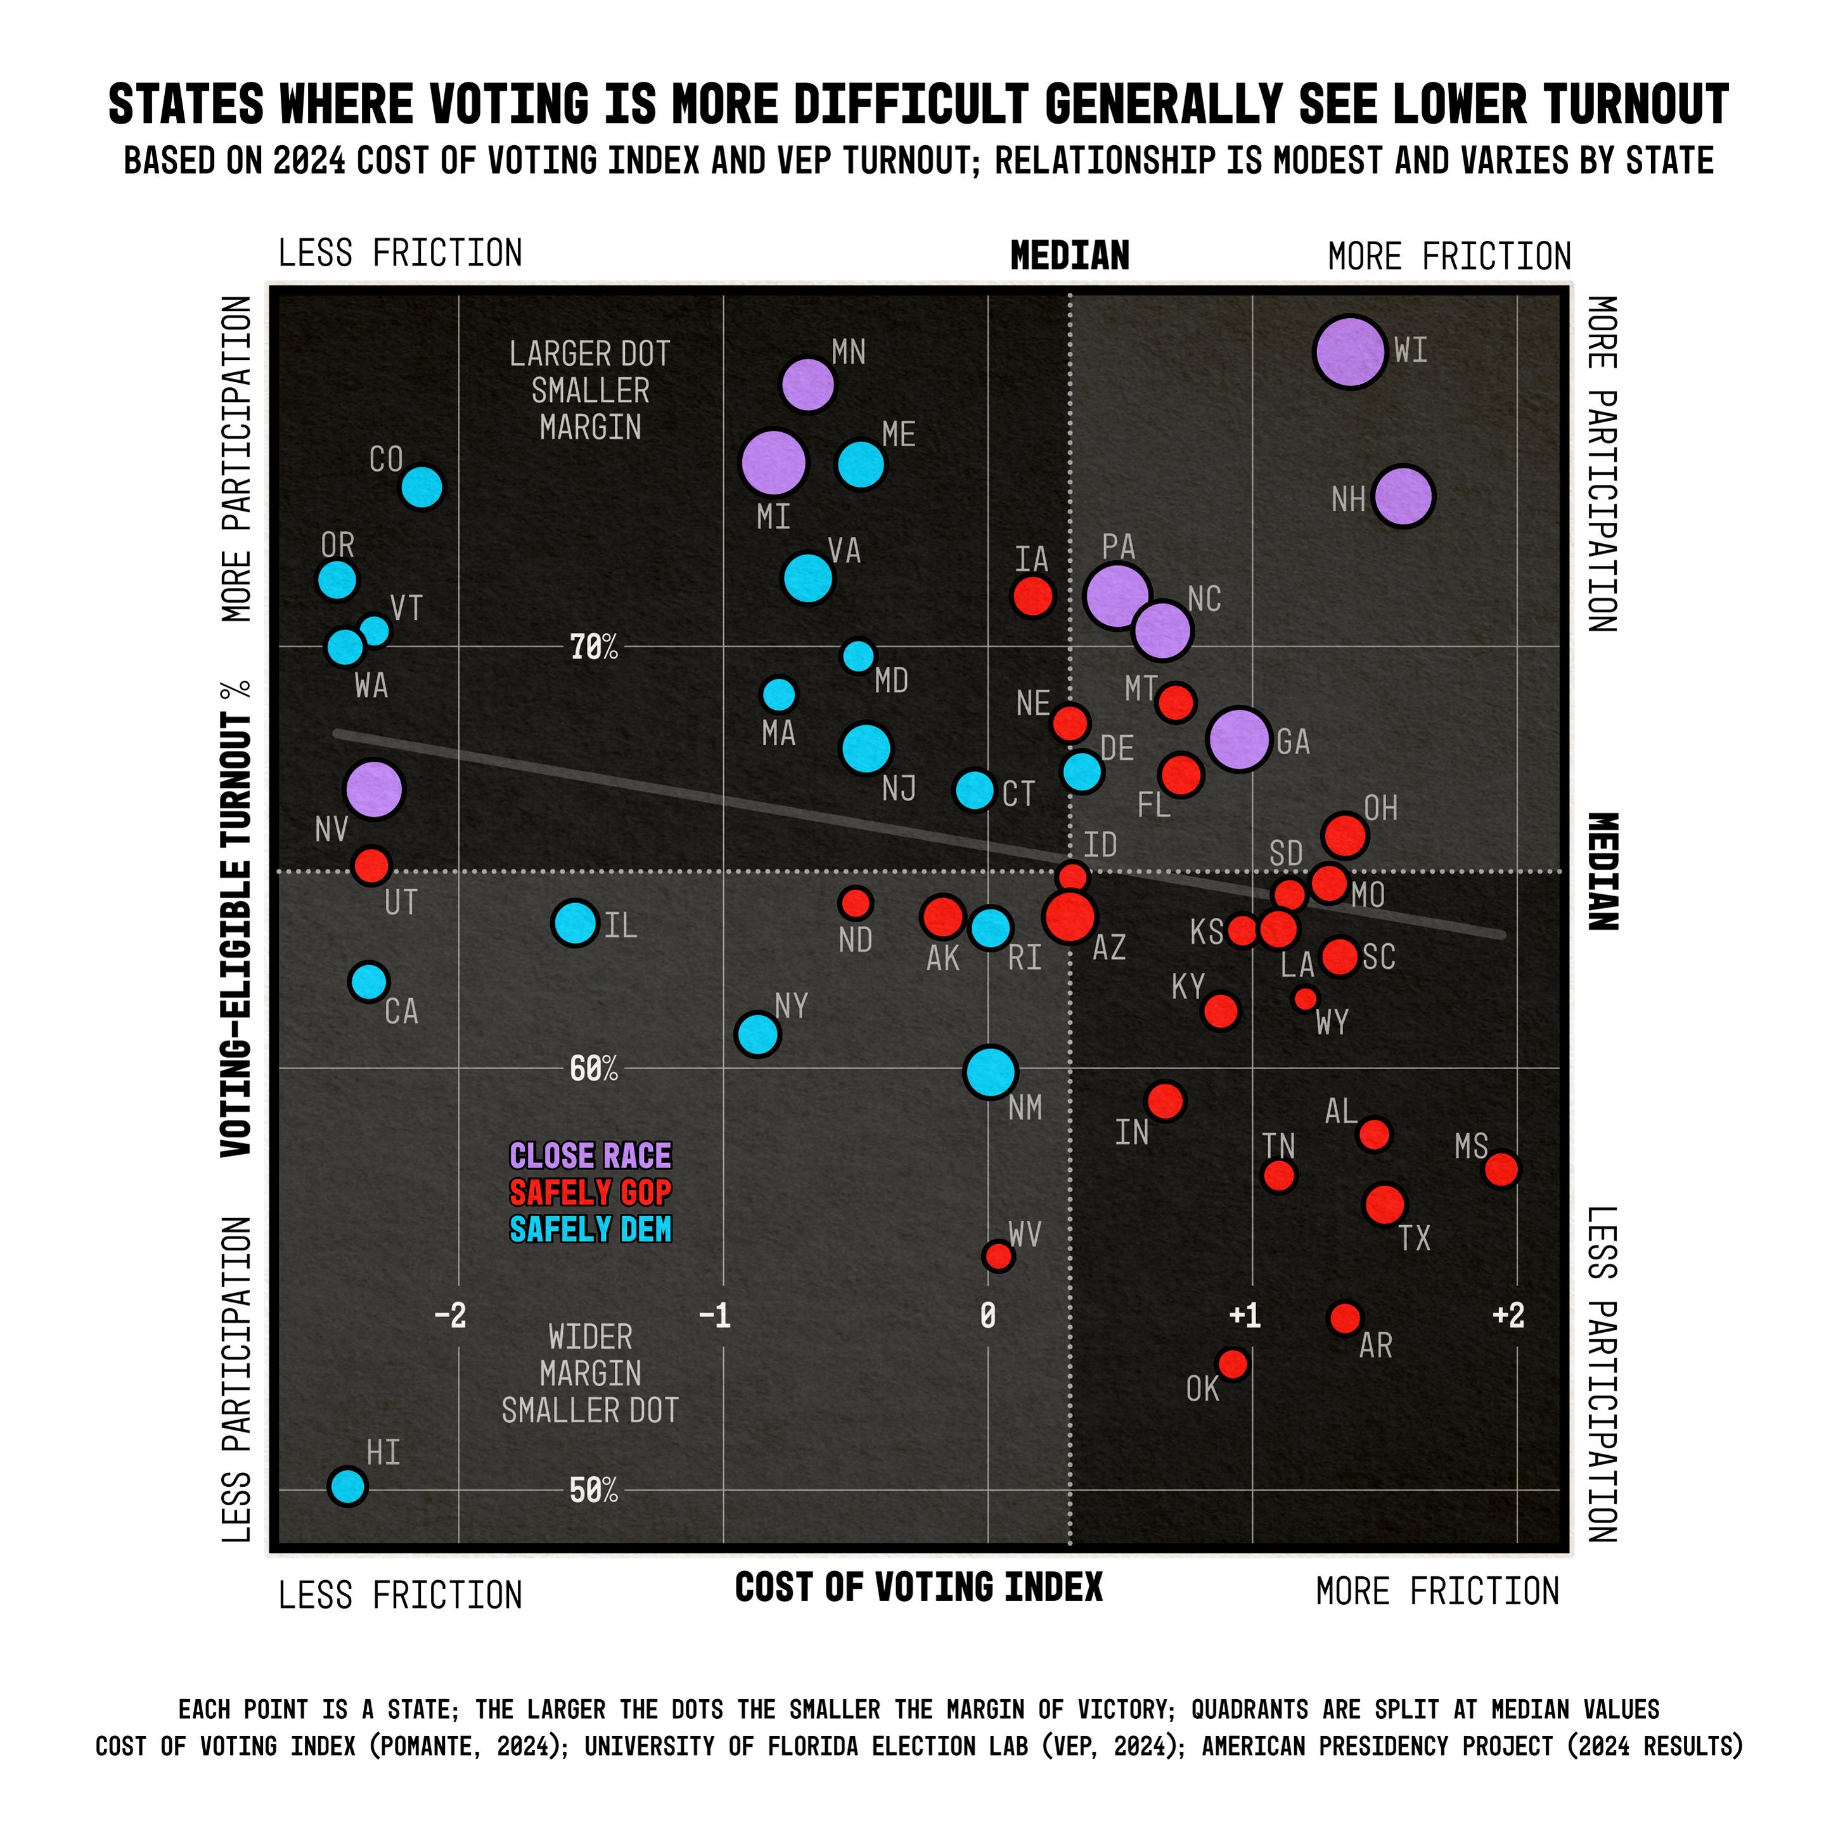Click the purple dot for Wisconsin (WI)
click(x=1349, y=352)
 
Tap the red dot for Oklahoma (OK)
click(x=1232, y=1364)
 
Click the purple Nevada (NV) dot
click(x=374, y=788)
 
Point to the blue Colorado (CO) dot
click(x=421, y=487)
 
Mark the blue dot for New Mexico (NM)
click(x=991, y=1071)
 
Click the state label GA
click(x=1293, y=742)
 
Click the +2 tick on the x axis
click(x=1508, y=1316)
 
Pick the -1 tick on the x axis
click(x=714, y=1316)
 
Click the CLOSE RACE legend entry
click(x=590, y=1156)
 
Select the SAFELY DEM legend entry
click(x=590, y=1229)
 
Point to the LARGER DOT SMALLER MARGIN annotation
click(x=590, y=390)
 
